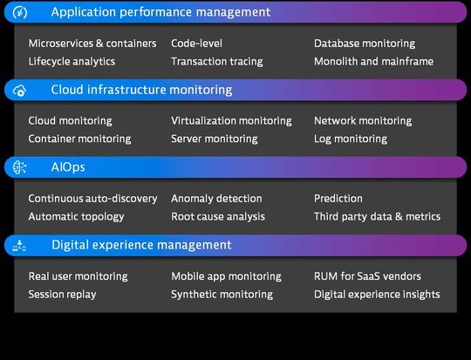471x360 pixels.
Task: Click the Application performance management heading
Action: [x=160, y=12]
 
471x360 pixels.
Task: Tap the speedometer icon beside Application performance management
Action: [x=20, y=12]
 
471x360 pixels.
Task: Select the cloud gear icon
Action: [x=19, y=90]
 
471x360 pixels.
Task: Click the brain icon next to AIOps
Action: [x=20, y=167]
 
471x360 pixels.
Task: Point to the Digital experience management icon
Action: [x=19, y=245]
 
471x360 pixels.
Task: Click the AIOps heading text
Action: [x=68, y=167]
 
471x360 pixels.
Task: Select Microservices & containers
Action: [x=92, y=44]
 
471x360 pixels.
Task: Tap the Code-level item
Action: [x=197, y=44]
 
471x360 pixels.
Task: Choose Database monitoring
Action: [x=365, y=44]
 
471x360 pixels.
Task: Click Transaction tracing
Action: [x=217, y=62]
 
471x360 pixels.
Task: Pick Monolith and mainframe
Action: [x=373, y=62]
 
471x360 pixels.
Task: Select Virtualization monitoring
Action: [x=232, y=120]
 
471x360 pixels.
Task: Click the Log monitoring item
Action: [x=351, y=139]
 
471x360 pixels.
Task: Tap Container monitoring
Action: [x=79, y=139]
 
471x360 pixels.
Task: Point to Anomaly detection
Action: [x=216, y=199]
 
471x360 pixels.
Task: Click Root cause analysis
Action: [x=218, y=216]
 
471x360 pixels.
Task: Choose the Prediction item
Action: [x=338, y=199]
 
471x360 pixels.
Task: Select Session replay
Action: [x=63, y=295]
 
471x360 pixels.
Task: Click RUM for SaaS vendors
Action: [x=367, y=276]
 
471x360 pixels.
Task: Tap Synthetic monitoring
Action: [x=222, y=295]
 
